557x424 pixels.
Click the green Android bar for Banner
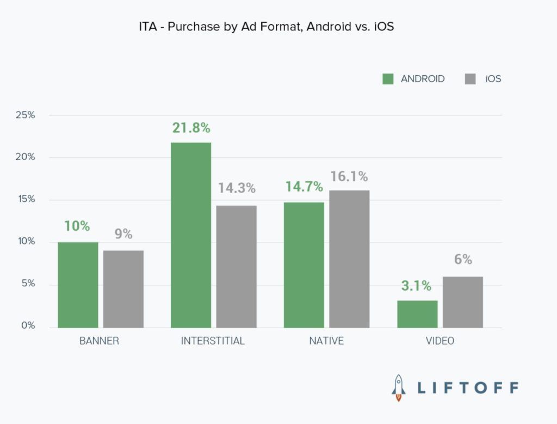pos(78,285)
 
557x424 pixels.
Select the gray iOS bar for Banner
pos(123,289)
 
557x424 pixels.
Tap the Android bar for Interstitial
pos(191,235)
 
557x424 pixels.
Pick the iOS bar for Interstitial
pos(236,267)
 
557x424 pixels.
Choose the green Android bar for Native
pos(304,265)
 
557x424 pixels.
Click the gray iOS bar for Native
pos(349,259)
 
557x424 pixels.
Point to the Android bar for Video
pos(417,314)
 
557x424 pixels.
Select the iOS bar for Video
pos(463,302)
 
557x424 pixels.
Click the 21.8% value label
pos(191,128)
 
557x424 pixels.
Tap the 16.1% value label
pos(349,176)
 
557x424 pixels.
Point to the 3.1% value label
pos(417,286)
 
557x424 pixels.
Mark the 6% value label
pos(463,260)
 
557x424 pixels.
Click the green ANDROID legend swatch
pos(388,79)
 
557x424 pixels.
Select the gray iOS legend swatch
pos(471,79)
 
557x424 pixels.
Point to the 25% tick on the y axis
pos(26,115)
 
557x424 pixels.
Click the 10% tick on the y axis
pos(26,242)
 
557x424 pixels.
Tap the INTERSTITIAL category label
pos(213,341)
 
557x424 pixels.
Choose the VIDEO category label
pos(440,341)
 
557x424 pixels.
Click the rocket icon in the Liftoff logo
pos(399,387)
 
